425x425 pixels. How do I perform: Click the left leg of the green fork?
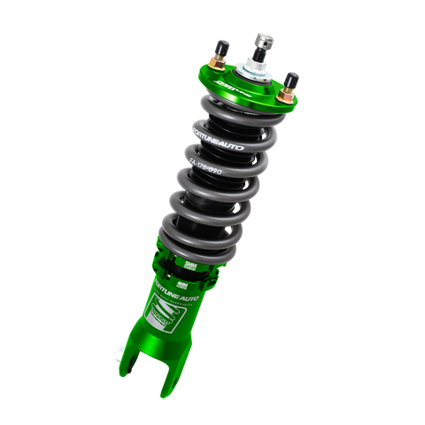[134, 376]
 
